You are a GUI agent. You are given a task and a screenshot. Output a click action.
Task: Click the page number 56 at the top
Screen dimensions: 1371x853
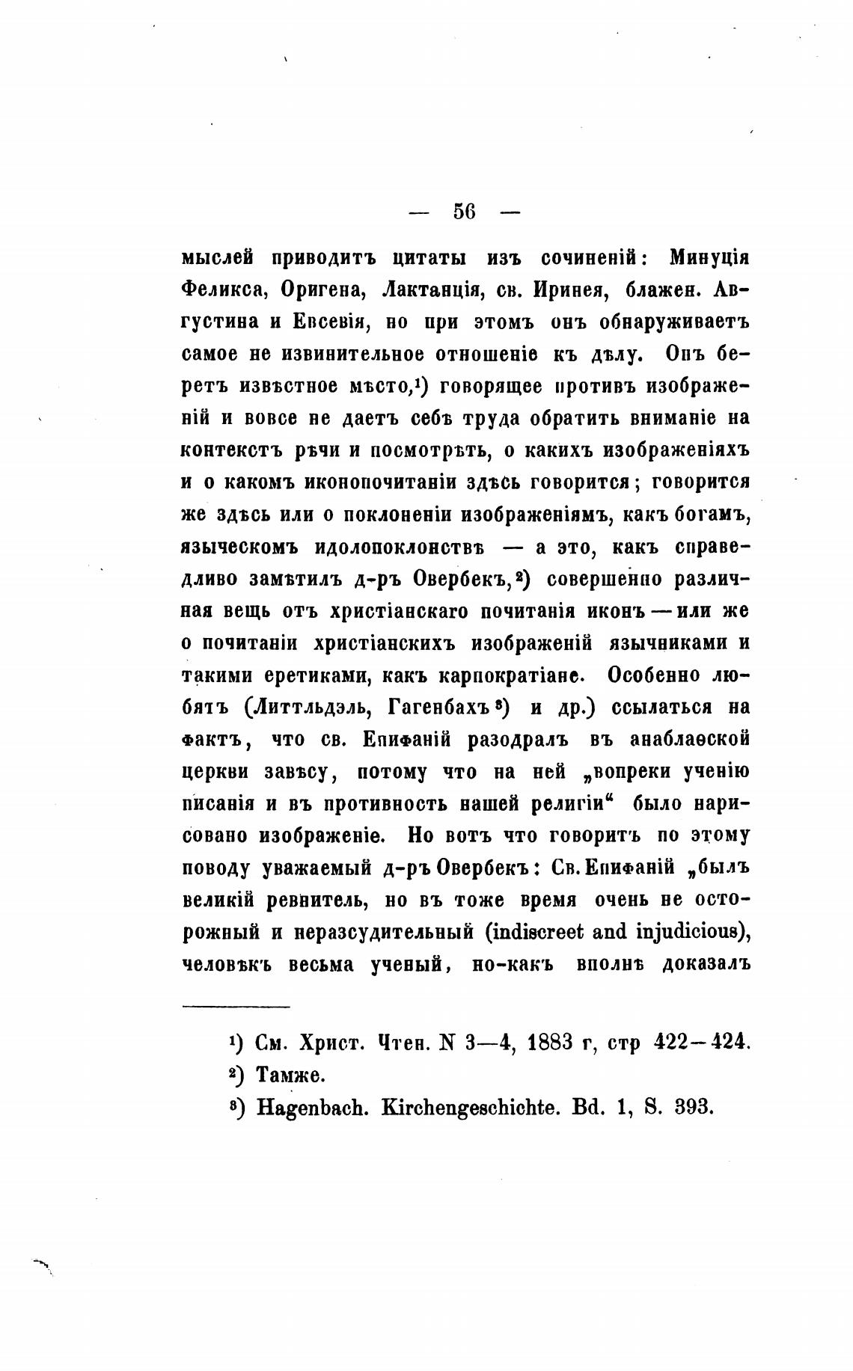click(x=464, y=212)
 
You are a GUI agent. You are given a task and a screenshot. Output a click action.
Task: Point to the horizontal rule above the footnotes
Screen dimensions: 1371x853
click(x=236, y=1007)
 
